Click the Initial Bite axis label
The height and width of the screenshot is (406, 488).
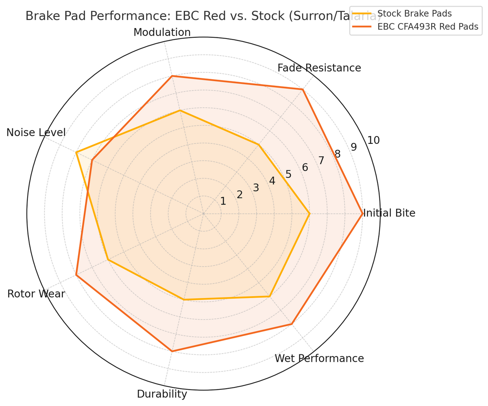tap(389, 213)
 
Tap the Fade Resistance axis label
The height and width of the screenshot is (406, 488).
tap(319, 68)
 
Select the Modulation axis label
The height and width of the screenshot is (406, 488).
tap(162, 32)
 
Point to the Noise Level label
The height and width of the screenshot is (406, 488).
tap(36, 132)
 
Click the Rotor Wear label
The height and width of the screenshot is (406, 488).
tap(36, 294)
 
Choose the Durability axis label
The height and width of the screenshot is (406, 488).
tap(162, 394)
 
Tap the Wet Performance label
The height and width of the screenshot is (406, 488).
tap(319, 358)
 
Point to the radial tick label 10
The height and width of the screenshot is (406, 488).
tap(373, 141)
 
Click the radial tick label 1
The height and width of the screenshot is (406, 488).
tap(223, 201)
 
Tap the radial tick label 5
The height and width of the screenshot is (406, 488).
tap(288, 174)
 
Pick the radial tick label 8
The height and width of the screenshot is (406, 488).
tap(338, 154)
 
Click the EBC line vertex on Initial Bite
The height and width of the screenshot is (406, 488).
tap(362, 214)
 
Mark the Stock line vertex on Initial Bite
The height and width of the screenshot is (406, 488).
tap(309, 214)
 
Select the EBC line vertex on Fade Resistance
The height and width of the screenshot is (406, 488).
tap(303, 89)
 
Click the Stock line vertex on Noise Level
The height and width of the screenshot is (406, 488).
tap(76, 152)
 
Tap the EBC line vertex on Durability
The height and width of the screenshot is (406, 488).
tap(172, 351)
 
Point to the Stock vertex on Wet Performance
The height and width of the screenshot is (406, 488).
tap(270, 297)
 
